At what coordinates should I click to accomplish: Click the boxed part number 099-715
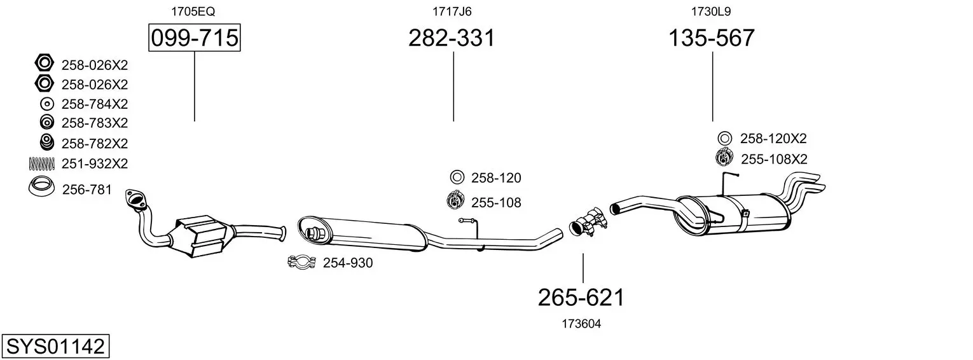(x=194, y=38)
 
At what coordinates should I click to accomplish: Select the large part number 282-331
(x=452, y=38)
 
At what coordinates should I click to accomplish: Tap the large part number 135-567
(x=712, y=38)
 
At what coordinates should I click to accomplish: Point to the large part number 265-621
(x=581, y=298)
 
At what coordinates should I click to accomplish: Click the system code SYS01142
(x=55, y=347)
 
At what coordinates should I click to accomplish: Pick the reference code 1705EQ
(x=193, y=11)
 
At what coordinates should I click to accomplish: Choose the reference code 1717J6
(x=452, y=11)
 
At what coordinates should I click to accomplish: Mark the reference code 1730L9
(x=711, y=11)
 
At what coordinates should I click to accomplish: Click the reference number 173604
(x=581, y=324)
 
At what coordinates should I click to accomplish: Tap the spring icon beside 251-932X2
(x=42, y=163)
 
